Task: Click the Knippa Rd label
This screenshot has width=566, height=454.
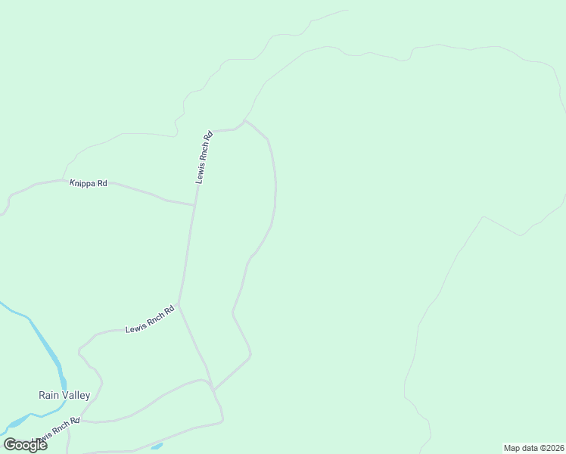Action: pos(89,183)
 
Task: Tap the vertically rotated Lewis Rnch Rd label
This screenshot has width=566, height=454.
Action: pos(204,157)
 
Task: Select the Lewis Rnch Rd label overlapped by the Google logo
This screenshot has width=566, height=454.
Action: pos(56,431)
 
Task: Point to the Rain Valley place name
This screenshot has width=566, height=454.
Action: pos(64,395)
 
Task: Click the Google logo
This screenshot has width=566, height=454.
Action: pos(26,445)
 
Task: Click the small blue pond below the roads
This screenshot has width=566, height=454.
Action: pos(157,446)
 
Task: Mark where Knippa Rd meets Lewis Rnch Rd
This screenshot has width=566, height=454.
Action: pos(194,204)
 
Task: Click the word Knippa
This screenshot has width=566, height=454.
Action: pos(82,183)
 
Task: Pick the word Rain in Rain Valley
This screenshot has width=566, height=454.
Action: pos(48,395)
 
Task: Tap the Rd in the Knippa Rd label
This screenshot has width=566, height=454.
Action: pos(102,183)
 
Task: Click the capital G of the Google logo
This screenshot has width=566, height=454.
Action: pos(11,445)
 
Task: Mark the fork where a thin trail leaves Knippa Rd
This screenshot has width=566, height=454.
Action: pos(61,180)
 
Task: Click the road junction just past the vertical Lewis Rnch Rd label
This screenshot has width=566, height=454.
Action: pos(244,120)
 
